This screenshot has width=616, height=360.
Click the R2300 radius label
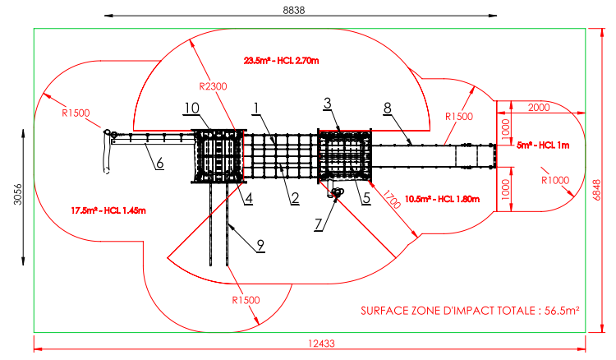pyautogui.click(x=214, y=85)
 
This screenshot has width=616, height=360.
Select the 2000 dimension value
pyautogui.click(x=539, y=108)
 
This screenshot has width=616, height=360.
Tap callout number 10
pyautogui.click(x=191, y=108)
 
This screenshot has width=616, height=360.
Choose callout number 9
pyautogui.click(x=260, y=243)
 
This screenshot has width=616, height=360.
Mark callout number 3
pyautogui.click(x=327, y=103)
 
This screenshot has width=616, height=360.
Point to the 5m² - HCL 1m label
pyautogui.click(x=539, y=145)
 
